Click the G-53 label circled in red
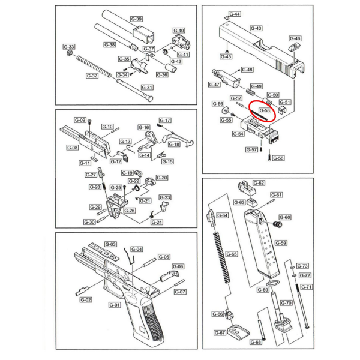coord(264,110)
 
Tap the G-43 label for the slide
coord(256,28)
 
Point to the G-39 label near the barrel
coord(136,20)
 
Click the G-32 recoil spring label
coord(92,76)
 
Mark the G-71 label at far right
coord(306,287)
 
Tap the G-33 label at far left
coord(69,47)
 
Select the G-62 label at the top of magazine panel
coord(259,183)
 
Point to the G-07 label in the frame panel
coord(180,292)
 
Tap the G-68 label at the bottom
coord(256,343)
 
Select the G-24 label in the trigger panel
coord(157,222)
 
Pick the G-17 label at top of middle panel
coord(166,120)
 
